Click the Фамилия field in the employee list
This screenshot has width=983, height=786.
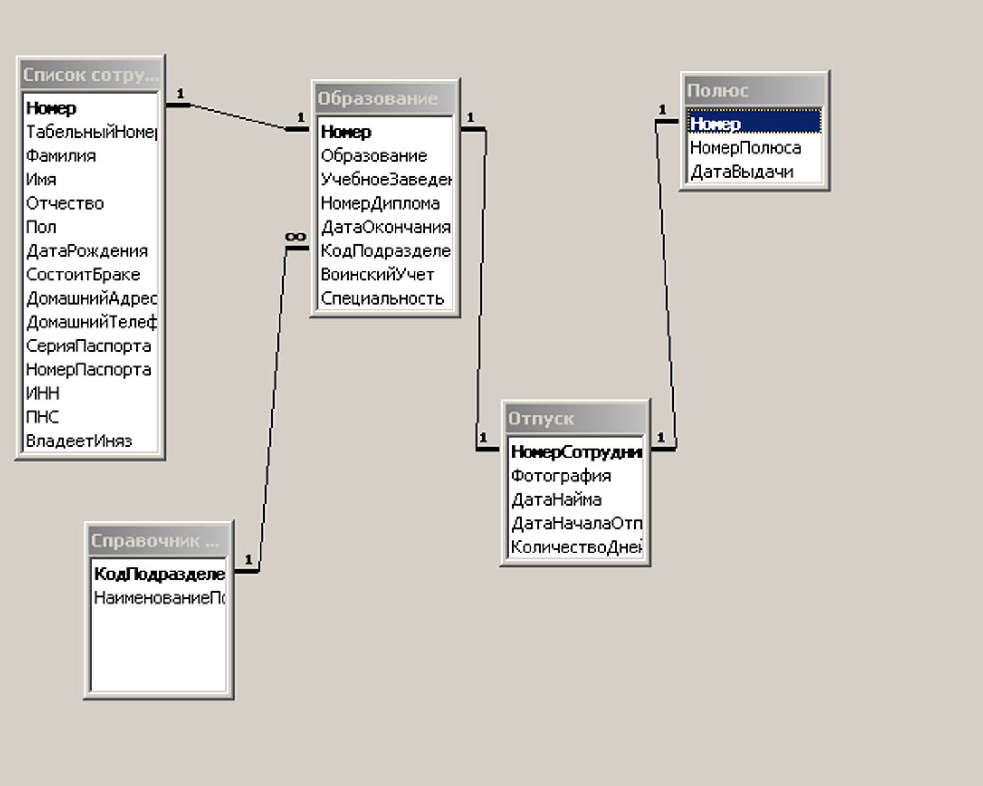point(61,156)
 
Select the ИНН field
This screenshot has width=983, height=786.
point(43,393)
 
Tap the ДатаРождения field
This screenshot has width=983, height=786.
point(87,251)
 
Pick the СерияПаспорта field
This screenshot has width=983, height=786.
point(88,346)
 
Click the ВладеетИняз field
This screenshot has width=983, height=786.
point(79,441)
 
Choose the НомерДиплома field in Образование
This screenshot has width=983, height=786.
point(380,203)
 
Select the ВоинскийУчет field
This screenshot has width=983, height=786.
point(377,274)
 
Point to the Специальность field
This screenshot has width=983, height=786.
point(383,298)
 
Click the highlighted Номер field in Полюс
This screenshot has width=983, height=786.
point(716,123)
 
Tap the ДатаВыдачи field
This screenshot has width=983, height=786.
point(742,172)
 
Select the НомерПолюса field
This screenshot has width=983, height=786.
point(746,148)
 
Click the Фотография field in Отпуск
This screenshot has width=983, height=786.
point(561,476)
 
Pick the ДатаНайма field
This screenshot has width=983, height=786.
point(556,500)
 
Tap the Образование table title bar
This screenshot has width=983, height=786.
point(385,99)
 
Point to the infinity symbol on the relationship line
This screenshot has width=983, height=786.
point(296,236)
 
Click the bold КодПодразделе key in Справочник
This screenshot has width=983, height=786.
point(159,574)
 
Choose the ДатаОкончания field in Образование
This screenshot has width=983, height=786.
point(386,227)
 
